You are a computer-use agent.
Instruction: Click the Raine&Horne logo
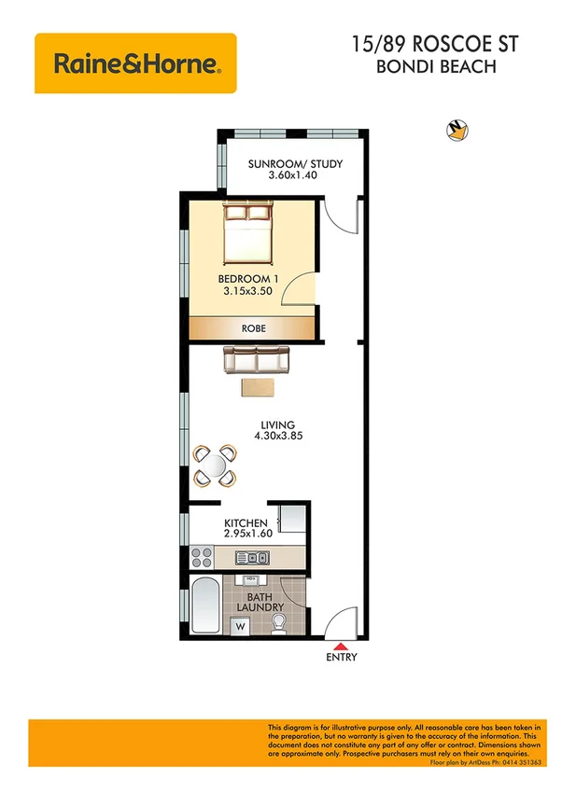point(135,63)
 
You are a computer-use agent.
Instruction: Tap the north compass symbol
point(457,131)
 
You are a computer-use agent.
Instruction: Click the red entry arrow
point(341,645)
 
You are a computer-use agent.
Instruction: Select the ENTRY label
point(342,658)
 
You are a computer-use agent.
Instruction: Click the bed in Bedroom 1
point(248,234)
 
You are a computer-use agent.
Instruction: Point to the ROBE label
point(252,328)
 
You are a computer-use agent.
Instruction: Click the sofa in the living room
point(257,359)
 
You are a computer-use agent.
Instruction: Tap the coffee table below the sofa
point(257,386)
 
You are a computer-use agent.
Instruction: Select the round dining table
point(215,464)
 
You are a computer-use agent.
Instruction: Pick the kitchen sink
point(252,559)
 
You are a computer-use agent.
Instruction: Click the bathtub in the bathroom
point(204,605)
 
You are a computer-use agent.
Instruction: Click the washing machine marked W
point(239,626)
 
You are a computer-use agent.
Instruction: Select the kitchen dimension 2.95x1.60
point(246,534)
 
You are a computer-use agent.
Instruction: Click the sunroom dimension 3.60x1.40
point(294,175)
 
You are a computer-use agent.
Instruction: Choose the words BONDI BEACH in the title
point(435,66)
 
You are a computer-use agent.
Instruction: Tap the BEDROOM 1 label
point(248,279)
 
